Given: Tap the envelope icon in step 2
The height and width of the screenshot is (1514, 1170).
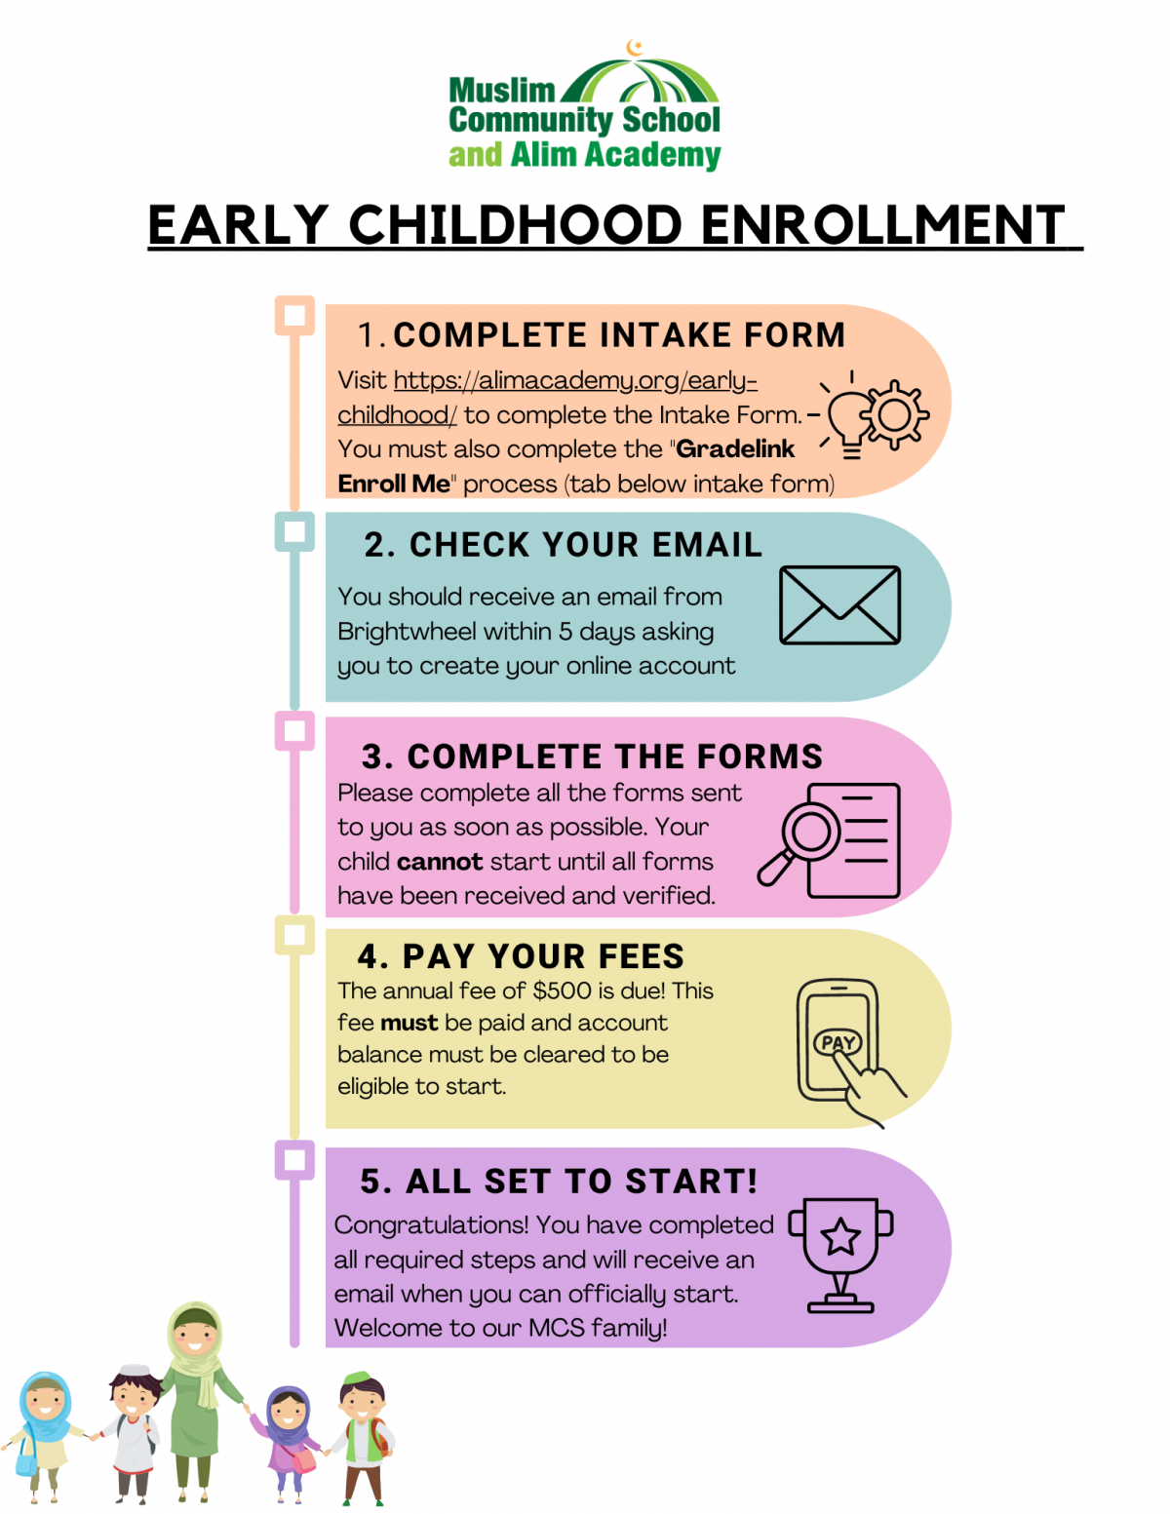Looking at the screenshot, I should click(839, 605).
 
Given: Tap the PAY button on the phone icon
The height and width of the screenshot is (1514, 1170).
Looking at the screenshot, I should click(838, 1042).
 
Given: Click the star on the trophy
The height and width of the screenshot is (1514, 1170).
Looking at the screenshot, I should click(840, 1237).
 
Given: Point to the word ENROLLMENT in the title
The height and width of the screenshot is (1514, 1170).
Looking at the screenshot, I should click(882, 225).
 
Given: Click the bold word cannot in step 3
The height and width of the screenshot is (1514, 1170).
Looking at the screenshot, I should click(440, 862).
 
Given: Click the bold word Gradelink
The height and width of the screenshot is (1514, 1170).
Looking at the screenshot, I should click(735, 449).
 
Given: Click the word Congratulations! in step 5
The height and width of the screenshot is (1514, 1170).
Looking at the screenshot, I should click(431, 1225).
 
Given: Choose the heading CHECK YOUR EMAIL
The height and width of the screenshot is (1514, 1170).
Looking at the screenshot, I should click(585, 545).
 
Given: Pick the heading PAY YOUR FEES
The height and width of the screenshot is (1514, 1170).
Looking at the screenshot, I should click(543, 956).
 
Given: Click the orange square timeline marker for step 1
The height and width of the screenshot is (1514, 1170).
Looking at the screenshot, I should click(294, 315).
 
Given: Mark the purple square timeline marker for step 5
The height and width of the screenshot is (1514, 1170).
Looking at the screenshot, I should click(294, 1160).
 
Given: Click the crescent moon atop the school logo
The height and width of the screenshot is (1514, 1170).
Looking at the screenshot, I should click(635, 47).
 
